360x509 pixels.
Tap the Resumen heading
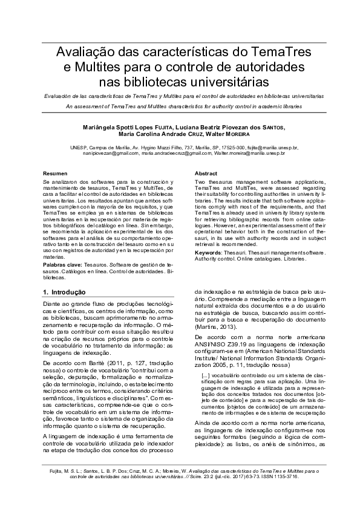55,173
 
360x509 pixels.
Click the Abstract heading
206,173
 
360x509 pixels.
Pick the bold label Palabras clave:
62,265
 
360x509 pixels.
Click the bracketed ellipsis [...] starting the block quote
206,375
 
